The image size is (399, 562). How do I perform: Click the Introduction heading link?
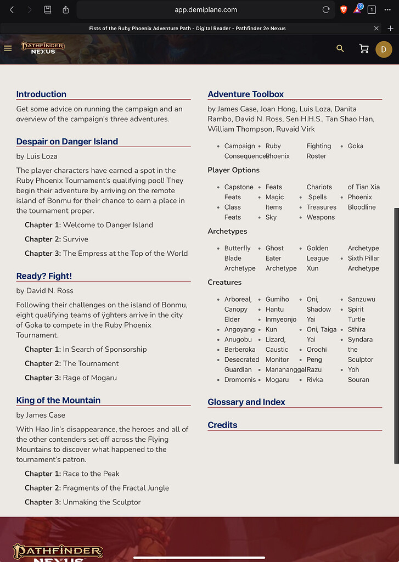[x=41, y=94]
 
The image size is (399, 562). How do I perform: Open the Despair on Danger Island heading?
[x=67, y=142]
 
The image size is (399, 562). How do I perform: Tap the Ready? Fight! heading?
[x=44, y=276]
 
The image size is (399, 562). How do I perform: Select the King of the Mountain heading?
[x=58, y=401]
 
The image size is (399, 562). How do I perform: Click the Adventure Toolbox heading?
[x=245, y=94]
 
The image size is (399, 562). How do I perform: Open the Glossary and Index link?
[x=246, y=402]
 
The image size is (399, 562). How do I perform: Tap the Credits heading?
[x=222, y=425]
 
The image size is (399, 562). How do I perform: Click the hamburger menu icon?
[x=8, y=48]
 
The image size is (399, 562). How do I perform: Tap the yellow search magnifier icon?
[x=340, y=49]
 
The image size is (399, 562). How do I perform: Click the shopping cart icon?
[x=363, y=49]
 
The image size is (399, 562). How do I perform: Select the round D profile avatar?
[x=384, y=49]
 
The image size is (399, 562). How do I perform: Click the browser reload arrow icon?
[x=326, y=10]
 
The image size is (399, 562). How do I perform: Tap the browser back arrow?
[x=12, y=10]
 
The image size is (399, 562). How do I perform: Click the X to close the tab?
[x=376, y=28]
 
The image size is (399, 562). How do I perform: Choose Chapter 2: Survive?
[x=56, y=239]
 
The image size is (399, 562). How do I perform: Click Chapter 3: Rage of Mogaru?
[x=70, y=378]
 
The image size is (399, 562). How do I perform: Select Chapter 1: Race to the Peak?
[x=72, y=474]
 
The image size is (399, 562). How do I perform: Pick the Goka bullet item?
[x=355, y=146]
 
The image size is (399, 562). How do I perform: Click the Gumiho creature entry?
[x=277, y=299]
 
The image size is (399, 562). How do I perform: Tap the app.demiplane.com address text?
[x=206, y=10]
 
